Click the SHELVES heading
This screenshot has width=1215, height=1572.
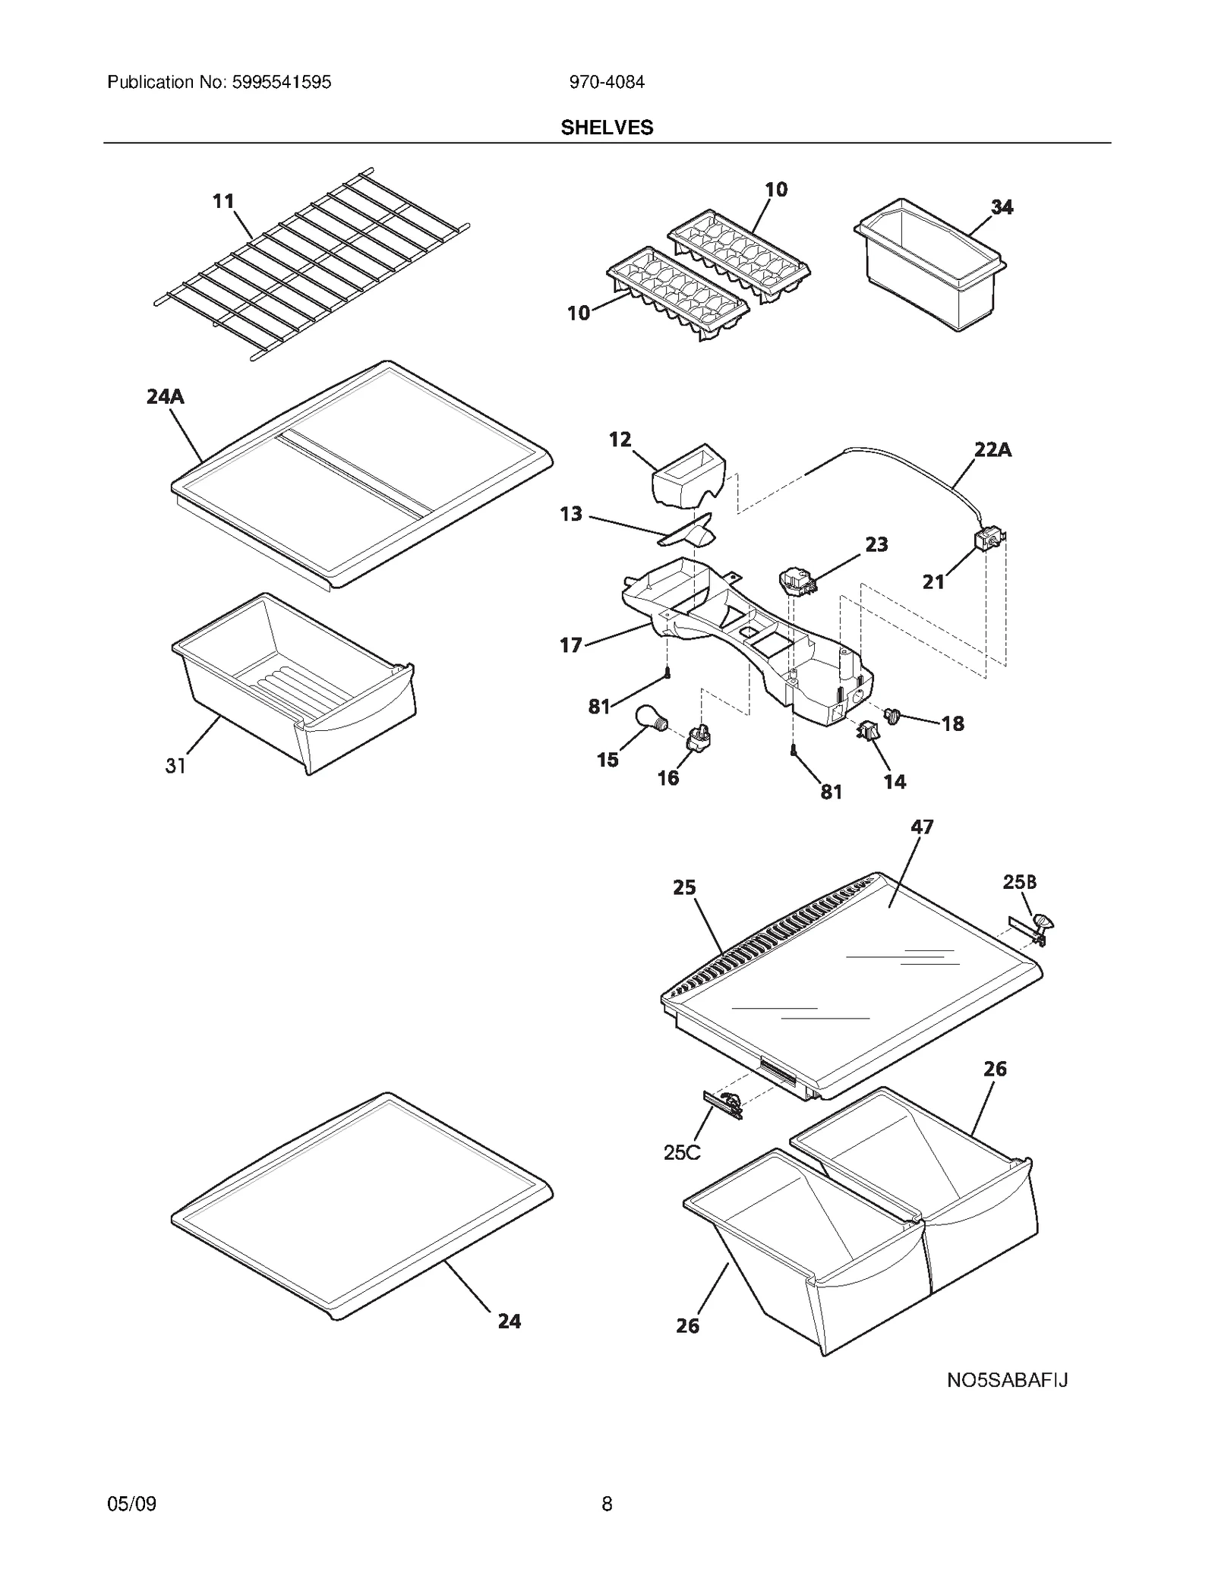(x=607, y=128)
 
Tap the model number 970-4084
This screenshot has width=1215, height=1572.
(x=607, y=82)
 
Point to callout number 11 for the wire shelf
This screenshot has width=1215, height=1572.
(x=222, y=201)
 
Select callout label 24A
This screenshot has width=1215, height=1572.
(x=165, y=397)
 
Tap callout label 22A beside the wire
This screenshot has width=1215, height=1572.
(x=993, y=450)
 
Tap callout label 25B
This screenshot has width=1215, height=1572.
(x=1019, y=882)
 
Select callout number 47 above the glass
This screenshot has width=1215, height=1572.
(x=921, y=827)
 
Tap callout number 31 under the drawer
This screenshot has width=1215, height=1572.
(x=175, y=767)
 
